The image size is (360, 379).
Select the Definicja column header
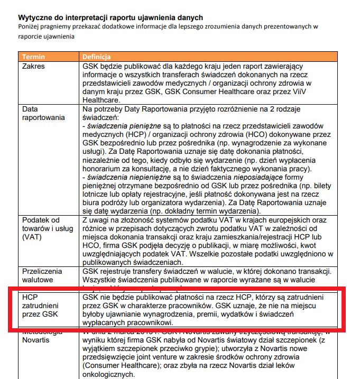coord(96,57)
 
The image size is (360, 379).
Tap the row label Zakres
coord(33,67)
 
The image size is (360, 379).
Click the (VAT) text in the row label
coord(31,237)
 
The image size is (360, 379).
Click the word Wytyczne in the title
coord(35,18)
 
